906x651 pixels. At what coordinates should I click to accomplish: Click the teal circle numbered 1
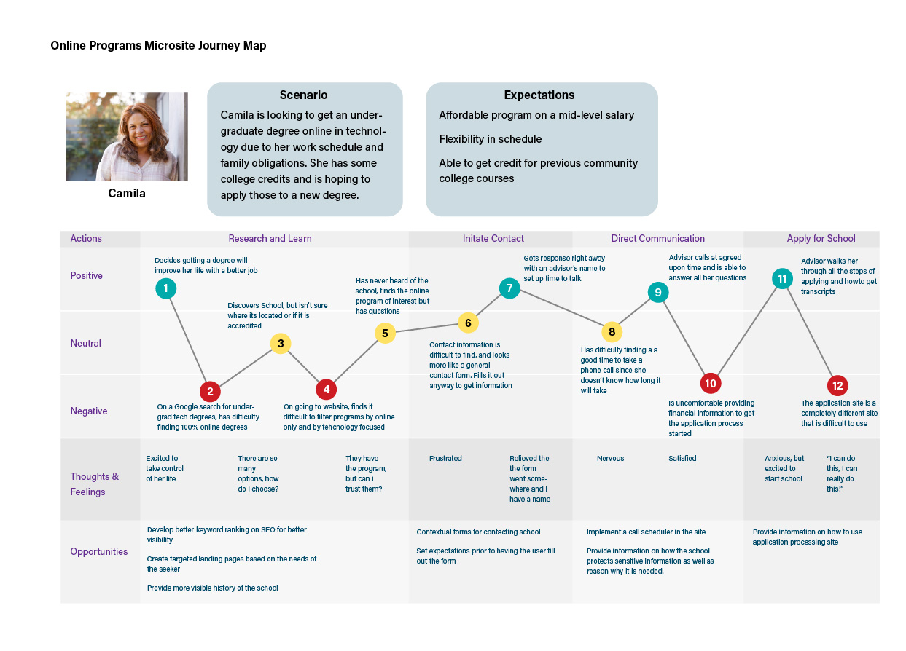coord(166,288)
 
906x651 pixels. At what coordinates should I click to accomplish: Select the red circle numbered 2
coord(210,392)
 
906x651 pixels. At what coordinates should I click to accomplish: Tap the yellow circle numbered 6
coord(468,323)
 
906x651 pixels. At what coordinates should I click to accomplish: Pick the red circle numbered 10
coord(711,383)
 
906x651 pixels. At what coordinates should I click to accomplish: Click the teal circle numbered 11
coord(782,278)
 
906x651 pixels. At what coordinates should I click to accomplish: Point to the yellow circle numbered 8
coord(612,332)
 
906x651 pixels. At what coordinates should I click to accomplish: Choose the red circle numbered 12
coord(837,386)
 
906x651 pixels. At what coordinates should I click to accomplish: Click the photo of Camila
coord(127,137)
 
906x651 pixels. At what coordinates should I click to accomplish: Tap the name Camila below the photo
coord(127,194)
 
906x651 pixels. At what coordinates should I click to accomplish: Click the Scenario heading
coord(303,95)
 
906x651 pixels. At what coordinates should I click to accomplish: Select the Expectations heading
coord(539,95)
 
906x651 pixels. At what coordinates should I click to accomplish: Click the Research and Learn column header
coord(270,239)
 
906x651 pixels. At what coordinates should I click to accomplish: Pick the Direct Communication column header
coord(657,239)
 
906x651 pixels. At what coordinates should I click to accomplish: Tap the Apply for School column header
coord(821,239)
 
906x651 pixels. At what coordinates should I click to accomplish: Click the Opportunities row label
coord(99,552)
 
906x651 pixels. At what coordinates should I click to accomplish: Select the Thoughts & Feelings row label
coord(95,484)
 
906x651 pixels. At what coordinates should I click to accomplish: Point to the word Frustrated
coord(445,459)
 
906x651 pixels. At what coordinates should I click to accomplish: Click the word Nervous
coord(610,459)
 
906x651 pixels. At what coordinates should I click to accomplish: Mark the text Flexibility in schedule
coord(490,139)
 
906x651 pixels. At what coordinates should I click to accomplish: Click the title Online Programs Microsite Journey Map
coord(158,46)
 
